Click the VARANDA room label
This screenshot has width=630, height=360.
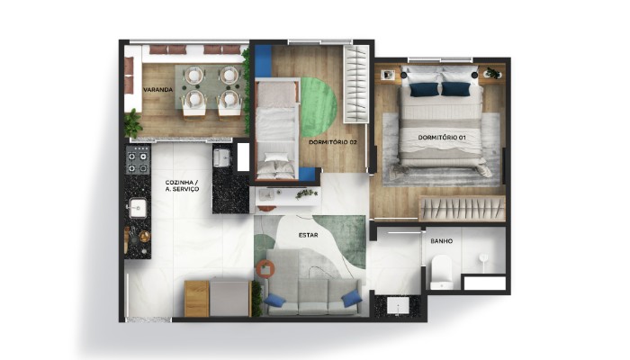pyautogui.click(x=157, y=89)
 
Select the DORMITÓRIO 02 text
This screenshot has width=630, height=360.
pyautogui.click(x=333, y=142)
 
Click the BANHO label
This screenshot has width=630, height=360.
pyautogui.click(x=441, y=241)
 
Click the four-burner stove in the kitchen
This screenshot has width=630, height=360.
pyautogui.click(x=138, y=162)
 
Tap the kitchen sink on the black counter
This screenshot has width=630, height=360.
pyautogui.click(x=138, y=209)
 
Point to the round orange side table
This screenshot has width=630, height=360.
pyautogui.click(x=265, y=267)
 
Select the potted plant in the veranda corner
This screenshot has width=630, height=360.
pyautogui.click(x=133, y=121)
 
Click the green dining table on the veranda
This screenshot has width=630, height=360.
pyautogui.click(x=206, y=88)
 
